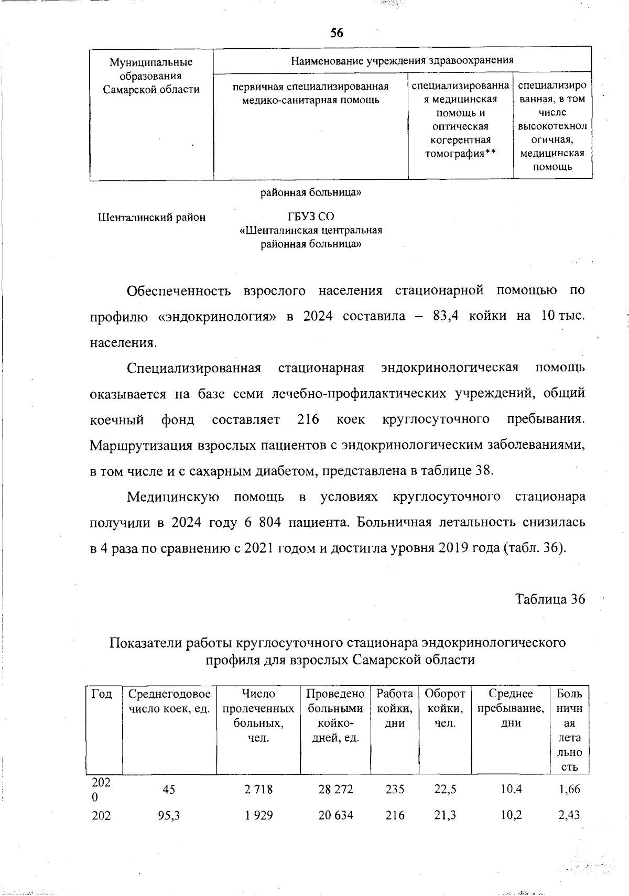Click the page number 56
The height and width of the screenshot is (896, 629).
tap(337, 33)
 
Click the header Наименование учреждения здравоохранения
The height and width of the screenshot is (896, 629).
tap(402, 60)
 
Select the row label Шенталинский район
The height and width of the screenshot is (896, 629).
tap(152, 217)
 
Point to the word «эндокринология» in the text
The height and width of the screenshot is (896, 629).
tap(216, 316)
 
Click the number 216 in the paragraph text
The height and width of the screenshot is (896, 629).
tap(308, 419)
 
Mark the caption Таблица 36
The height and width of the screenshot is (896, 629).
tap(550, 599)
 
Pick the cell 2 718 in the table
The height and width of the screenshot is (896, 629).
tap(258, 789)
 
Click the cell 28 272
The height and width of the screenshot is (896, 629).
tap(335, 789)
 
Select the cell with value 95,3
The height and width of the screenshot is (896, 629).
tap(169, 815)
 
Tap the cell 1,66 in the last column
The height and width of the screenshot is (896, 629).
tap(569, 789)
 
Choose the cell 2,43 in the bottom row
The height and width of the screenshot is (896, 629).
tap(569, 815)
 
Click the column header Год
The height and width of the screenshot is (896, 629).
tap(102, 694)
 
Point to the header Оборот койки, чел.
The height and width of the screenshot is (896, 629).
tap(444, 708)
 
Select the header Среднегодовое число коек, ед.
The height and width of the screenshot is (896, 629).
tap(169, 701)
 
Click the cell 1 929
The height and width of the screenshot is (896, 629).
tap(258, 815)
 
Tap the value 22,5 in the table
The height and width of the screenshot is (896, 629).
tap(444, 789)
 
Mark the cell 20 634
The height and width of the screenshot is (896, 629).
tap(335, 815)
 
